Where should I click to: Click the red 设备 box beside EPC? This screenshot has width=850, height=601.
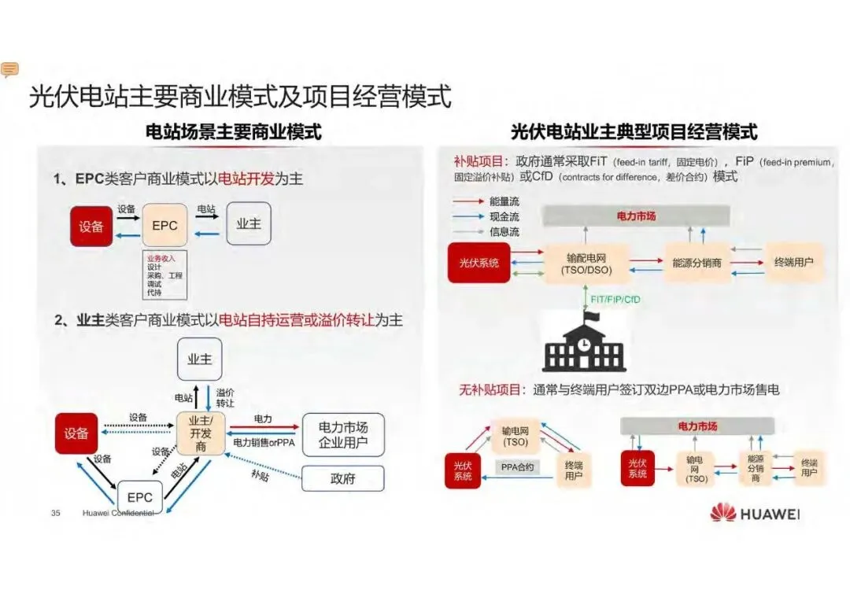pos(91,226)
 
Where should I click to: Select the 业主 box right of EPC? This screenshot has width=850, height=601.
pos(249,224)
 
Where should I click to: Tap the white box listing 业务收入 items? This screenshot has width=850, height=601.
pos(164,275)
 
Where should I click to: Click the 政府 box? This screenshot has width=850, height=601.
pos(343,478)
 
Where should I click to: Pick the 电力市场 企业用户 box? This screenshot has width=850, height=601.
pos(343,434)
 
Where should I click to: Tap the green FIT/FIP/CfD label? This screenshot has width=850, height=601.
pos(615,300)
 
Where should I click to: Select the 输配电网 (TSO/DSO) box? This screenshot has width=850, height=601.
pos(586,264)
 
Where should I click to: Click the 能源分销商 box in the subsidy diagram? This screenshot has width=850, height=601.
pos(697,263)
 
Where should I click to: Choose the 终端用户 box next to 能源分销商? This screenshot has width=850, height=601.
pos(793,263)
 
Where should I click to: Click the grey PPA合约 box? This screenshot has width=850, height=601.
pos(517,467)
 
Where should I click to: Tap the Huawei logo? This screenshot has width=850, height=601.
pos(754,514)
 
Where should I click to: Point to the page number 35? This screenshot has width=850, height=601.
pos(56,514)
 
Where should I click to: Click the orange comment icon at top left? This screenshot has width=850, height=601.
pos(10,70)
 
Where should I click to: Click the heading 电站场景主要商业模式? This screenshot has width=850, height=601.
pos(234,131)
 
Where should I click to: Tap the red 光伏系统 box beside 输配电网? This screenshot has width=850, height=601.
pos(479,263)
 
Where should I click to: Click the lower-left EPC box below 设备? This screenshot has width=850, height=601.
pos(140,496)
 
